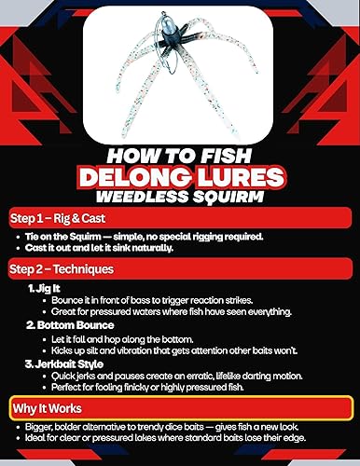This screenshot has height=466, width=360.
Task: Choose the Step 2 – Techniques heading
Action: tap(62, 269)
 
